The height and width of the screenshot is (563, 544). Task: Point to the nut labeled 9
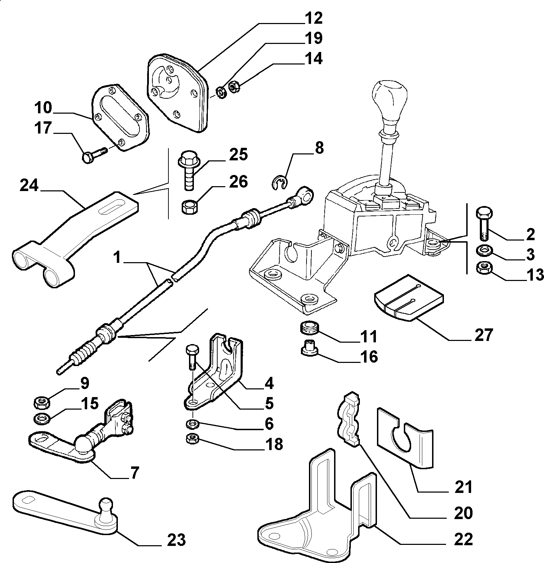[x=42, y=403]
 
